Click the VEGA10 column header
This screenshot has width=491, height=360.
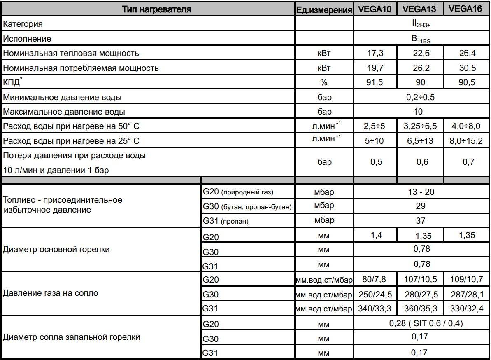click(375, 9)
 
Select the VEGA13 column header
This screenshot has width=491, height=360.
click(420, 9)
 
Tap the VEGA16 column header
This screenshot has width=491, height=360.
click(465, 9)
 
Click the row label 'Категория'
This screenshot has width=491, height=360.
click(23, 24)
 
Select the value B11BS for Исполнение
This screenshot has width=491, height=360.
click(421, 40)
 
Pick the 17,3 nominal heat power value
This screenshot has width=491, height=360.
click(375, 54)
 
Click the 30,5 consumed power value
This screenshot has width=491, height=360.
click(466, 68)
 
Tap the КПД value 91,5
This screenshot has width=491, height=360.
click(375, 83)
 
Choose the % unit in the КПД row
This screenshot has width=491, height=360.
click(324, 83)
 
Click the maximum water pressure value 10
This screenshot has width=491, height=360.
click(420, 112)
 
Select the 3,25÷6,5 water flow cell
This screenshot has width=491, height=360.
click(420, 126)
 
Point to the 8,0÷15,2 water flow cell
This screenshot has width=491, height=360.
click(466, 141)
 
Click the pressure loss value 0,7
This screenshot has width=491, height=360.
click(466, 162)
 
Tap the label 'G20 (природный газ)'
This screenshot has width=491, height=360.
click(238, 192)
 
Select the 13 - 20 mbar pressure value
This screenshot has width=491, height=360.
click(420, 192)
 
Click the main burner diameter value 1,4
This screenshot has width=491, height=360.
click(375, 235)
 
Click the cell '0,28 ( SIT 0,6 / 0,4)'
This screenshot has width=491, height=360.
click(420, 324)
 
